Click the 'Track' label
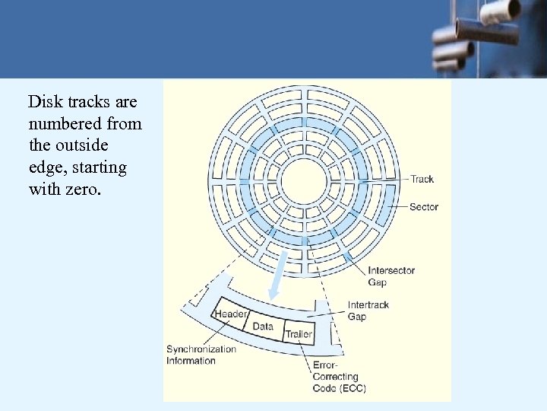point(422,180)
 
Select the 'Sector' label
point(424,207)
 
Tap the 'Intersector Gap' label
point(391,276)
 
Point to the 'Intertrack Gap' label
point(368,311)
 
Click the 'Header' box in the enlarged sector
point(230,314)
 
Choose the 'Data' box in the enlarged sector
point(263,326)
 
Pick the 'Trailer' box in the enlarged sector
point(299,334)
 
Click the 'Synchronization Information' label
point(201,355)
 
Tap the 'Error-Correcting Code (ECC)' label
point(339,377)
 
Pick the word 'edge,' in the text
point(46,167)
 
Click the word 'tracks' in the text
point(87,102)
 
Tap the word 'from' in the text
point(124,123)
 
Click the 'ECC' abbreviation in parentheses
point(352,388)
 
